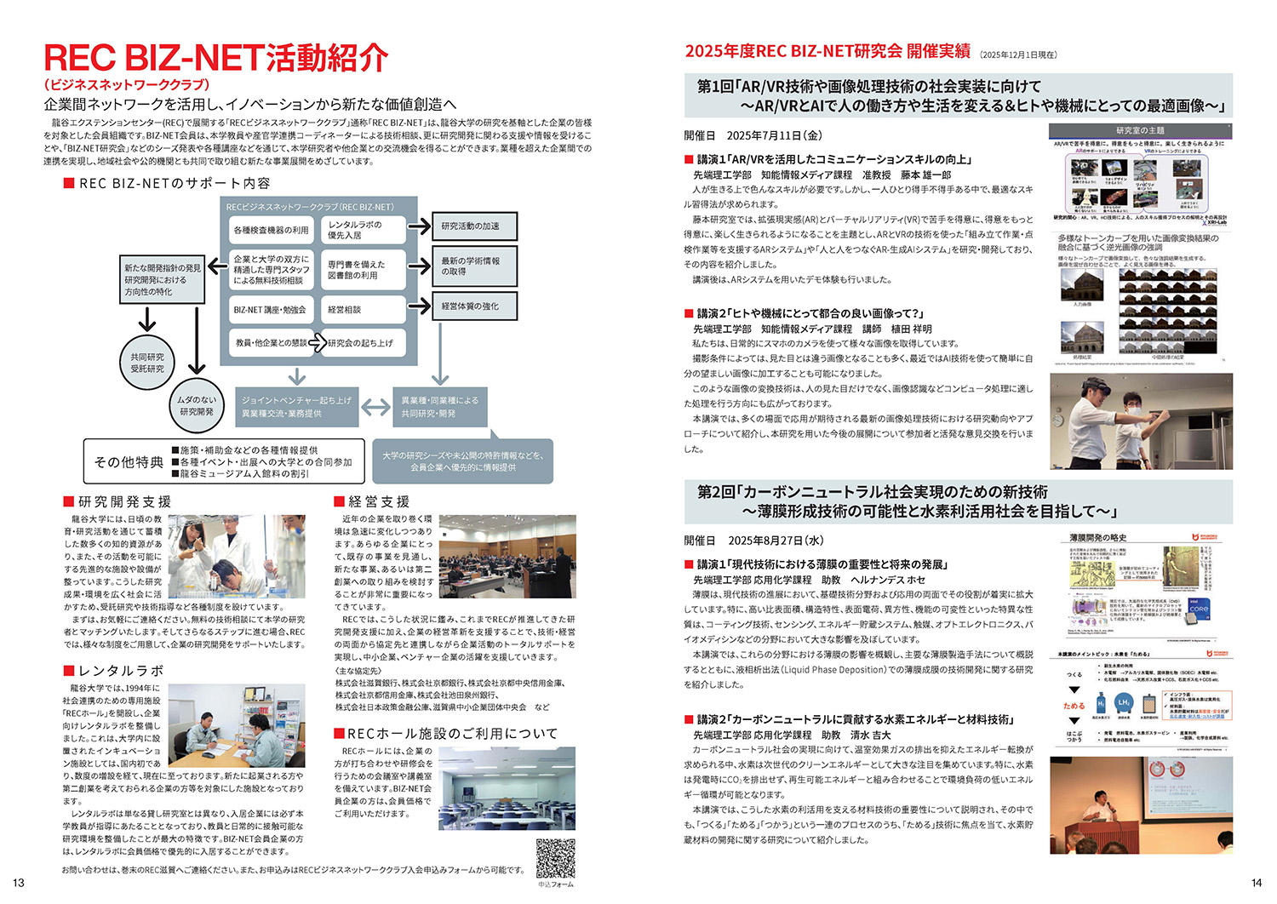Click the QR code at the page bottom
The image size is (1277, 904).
pyautogui.click(x=555, y=859)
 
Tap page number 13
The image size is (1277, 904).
pyautogui.click(x=19, y=883)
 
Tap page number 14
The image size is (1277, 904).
pyautogui.click(x=1257, y=883)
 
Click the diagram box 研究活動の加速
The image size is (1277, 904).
pyautogui.click(x=474, y=226)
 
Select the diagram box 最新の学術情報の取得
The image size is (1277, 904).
pyautogui.click(x=474, y=266)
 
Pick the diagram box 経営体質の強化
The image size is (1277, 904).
pyautogui.click(x=474, y=306)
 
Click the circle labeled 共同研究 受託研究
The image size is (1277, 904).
pyautogui.click(x=147, y=363)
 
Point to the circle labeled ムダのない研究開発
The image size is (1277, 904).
pyautogui.click(x=197, y=405)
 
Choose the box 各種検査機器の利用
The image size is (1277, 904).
pyautogui.click(x=272, y=230)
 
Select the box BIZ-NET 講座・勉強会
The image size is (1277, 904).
pyautogui.click(x=272, y=310)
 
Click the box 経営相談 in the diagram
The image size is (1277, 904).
pyautogui.click(x=364, y=310)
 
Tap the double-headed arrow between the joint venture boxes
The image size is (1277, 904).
pyautogui.click(x=375, y=407)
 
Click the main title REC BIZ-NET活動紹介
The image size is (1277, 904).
pyautogui.click(x=216, y=58)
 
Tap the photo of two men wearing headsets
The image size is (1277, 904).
pyautogui.click(x=1140, y=421)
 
